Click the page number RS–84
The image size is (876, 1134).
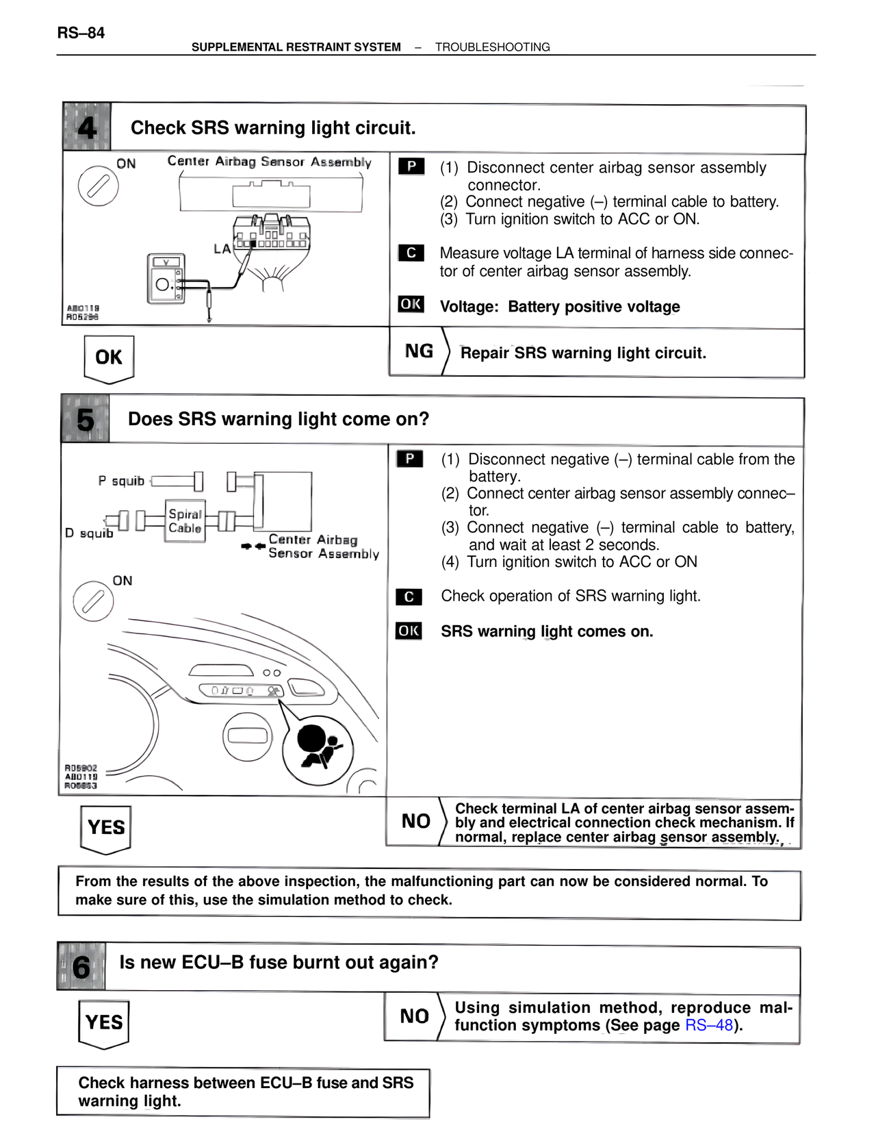point(81,33)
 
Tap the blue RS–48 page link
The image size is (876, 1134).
point(709,1025)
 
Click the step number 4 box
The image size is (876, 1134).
point(87,127)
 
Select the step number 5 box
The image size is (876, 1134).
point(86,419)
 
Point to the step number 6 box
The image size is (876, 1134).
point(81,967)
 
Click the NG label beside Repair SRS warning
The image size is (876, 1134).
point(419,351)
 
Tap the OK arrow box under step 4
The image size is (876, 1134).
point(109,358)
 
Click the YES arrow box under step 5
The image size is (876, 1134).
point(106,829)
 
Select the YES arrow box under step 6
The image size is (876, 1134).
point(104,1023)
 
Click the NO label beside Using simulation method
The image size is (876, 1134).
point(414,1016)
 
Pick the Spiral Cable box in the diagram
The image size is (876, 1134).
point(185,521)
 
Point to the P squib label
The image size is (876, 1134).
point(121,481)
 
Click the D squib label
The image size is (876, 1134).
point(89,533)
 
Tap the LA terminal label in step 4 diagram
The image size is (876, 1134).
point(222,249)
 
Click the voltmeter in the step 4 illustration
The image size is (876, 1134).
point(166,278)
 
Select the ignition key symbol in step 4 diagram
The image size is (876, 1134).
point(98,186)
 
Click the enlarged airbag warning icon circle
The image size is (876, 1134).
point(318,750)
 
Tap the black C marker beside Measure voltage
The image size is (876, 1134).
point(411,253)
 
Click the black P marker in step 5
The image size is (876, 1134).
point(409,459)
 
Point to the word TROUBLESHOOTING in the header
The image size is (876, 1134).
point(492,47)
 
